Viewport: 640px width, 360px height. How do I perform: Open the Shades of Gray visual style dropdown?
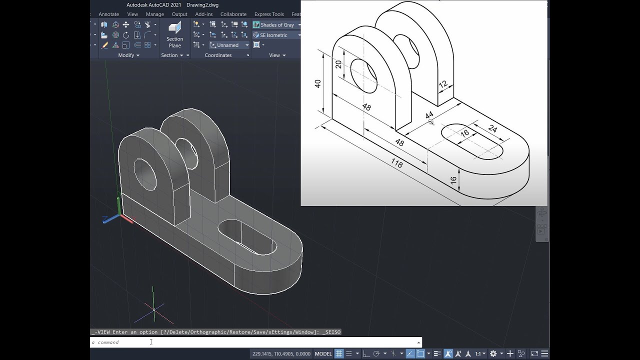tap(277, 24)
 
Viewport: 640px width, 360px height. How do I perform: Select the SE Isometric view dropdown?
tap(277, 35)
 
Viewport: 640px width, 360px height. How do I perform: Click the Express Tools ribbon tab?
tap(268, 14)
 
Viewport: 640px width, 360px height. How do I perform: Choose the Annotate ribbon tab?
tap(108, 14)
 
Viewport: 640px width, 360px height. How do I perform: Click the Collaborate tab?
tap(233, 14)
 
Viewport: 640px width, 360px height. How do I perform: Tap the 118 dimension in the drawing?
tap(396, 163)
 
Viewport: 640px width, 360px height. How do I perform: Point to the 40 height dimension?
tap(318, 83)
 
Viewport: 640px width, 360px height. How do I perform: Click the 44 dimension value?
tap(429, 115)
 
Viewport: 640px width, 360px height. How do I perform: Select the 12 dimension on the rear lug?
tap(443, 84)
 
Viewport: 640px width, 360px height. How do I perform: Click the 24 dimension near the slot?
tap(492, 129)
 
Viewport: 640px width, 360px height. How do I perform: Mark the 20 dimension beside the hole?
tap(338, 64)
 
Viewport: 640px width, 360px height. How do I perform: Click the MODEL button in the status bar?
tap(323, 353)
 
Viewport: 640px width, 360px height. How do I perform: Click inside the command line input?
tap(250, 342)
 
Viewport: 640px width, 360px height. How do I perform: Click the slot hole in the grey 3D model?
tap(248, 237)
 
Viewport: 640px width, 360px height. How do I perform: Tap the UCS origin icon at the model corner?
tap(119, 216)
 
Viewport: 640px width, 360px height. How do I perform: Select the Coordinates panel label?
tap(218, 55)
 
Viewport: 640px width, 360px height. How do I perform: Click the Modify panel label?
tap(126, 55)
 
